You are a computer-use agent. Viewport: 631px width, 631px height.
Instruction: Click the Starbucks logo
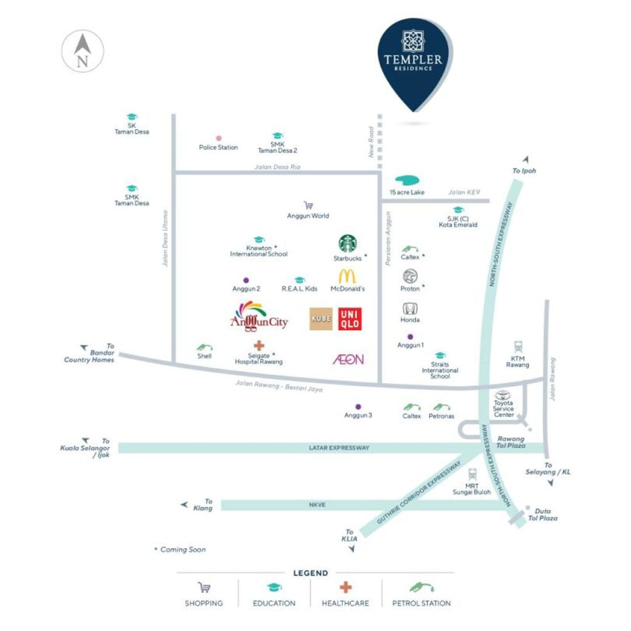347,244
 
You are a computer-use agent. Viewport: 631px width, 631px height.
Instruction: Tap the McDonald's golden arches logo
347,276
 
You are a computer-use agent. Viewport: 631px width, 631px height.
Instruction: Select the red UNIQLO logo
350,319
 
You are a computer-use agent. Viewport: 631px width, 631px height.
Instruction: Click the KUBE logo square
321,319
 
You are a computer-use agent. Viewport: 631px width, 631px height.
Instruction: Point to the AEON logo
348,359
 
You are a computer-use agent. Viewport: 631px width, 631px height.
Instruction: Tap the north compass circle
82,51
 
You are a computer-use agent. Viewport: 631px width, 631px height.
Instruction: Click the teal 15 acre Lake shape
407,180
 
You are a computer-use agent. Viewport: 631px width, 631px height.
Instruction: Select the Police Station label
218,147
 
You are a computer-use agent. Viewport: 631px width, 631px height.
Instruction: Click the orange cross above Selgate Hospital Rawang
259,345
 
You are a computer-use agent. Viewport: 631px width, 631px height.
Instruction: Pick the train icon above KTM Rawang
518,346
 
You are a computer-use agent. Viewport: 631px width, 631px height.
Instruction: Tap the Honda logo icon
410,308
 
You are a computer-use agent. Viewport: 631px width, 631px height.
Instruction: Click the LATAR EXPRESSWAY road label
339,448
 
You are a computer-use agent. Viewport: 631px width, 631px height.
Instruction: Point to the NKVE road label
317,505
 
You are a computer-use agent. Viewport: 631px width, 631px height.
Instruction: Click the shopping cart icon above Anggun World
308,205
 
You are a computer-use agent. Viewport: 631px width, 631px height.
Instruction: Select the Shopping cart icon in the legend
204,588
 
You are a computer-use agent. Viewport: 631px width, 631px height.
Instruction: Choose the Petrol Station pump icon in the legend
422,588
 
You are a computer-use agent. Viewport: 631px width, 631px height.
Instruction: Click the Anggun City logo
259,317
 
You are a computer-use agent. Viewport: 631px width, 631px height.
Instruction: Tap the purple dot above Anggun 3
358,407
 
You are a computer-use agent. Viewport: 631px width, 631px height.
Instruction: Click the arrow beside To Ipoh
526,160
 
